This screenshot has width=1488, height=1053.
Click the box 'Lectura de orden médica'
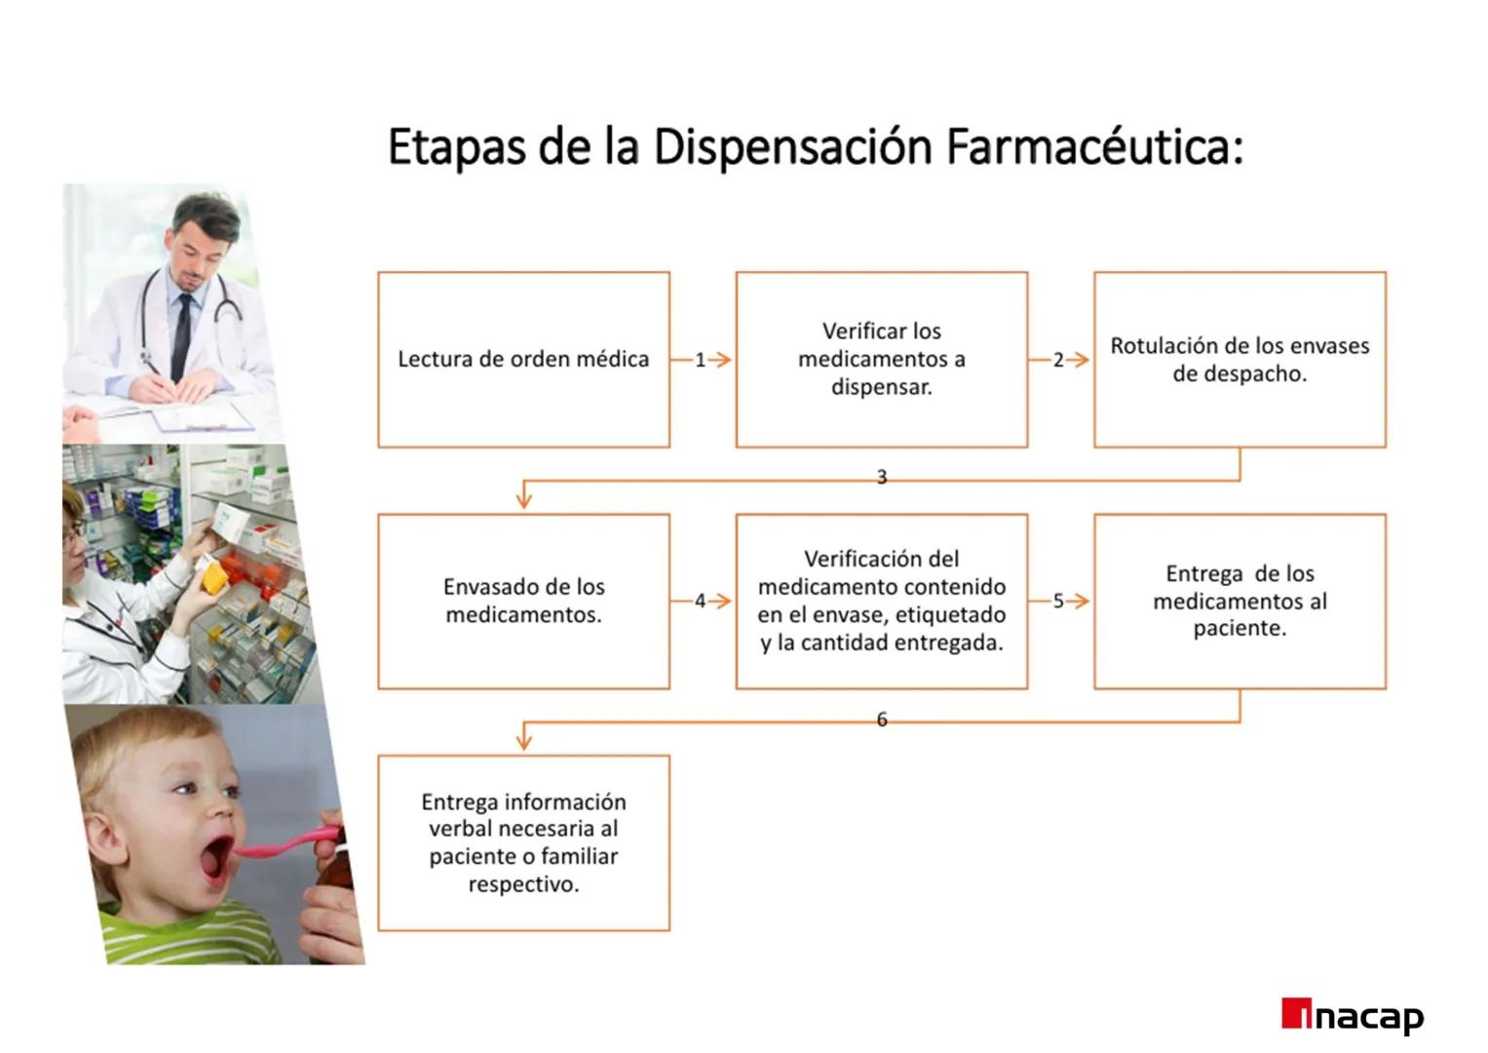[523, 360]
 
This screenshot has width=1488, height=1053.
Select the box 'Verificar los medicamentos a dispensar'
[881, 360]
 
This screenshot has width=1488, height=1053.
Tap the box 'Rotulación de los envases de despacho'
[1239, 360]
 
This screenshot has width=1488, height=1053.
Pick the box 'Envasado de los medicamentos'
[523, 601]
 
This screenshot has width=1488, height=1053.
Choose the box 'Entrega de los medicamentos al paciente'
[1239, 601]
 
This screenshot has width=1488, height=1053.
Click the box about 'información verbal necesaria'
[523, 842]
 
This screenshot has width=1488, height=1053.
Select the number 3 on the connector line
[882, 477]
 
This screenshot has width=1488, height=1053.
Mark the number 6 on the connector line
[882, 720]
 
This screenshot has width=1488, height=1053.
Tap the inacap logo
[1353, 1016]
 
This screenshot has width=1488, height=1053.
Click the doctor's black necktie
[182, 331]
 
